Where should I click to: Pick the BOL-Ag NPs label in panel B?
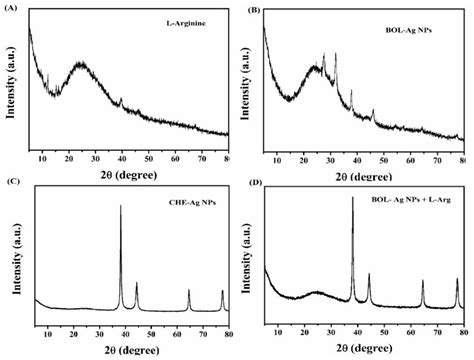[420, 20]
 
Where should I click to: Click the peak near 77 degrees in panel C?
[222, 290]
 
